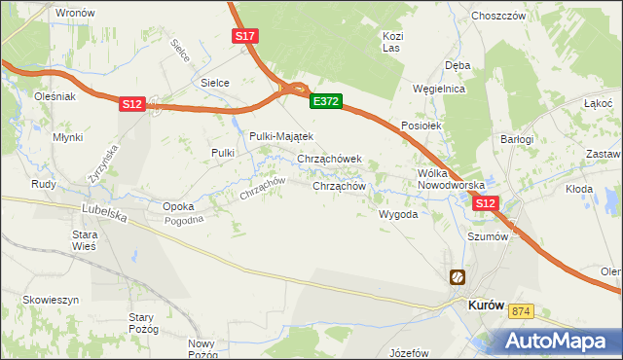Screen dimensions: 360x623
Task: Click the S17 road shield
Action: tap(245, 36)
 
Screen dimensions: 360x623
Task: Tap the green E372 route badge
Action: tap(326, 100)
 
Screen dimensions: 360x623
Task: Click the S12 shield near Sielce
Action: tap(133, 104)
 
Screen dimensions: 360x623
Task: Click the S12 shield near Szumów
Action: tap(486, 203)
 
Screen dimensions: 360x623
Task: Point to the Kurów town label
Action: tap(486, 305)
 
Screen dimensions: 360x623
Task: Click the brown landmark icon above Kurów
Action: tap(457, 277)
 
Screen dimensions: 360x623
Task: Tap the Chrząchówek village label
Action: tap(329, 159)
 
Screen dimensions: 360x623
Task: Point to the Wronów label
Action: tap(75, 13)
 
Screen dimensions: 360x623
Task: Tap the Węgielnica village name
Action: tap(439, 89)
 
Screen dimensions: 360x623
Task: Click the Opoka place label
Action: tap(178, 206)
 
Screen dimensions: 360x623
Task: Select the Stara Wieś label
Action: tap(87, 240)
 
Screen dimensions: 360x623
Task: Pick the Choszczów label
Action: tap(498, 17)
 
